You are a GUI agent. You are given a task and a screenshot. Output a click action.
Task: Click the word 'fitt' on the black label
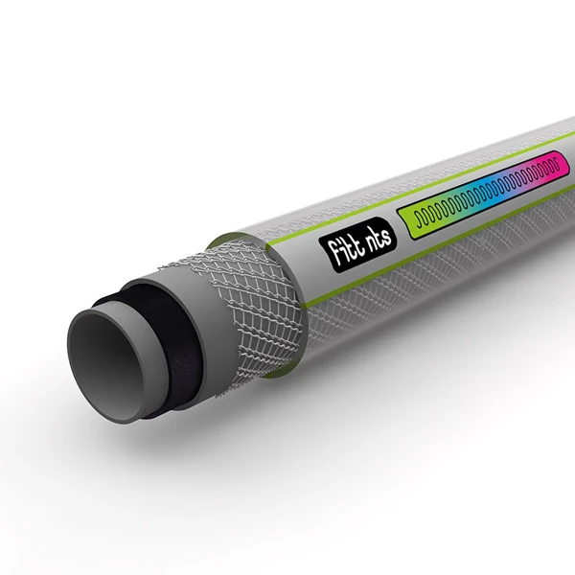[335, 254]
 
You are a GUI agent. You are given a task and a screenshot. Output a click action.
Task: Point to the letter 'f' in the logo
[327, 262]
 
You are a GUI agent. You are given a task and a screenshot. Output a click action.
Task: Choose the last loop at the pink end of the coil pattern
[554, 168]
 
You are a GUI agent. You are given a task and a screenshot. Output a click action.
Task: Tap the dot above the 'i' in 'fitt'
[329, 245]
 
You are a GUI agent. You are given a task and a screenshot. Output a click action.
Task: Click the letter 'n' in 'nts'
[357, 239]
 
